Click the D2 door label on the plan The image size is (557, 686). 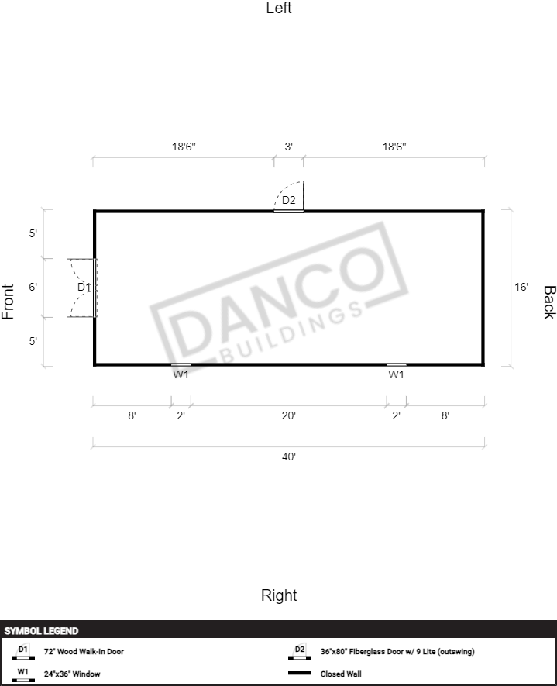point(288,200)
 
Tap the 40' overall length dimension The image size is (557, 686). point(288,457)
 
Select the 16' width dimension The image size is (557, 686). point(521,287)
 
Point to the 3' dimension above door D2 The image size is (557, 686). point(288,147)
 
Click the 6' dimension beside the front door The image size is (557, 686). point(33,287)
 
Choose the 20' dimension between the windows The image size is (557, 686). point(288,415)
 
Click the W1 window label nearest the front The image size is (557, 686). point(181,374)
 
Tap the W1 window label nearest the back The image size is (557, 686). point(396,374)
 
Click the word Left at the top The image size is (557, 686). point(279,8)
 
